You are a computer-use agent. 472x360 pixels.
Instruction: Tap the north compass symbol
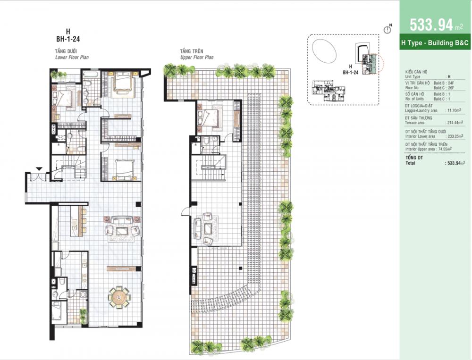point(388,30)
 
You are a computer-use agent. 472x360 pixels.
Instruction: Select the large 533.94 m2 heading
point(436,25)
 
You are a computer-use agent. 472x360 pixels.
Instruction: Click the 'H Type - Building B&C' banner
point(435,43)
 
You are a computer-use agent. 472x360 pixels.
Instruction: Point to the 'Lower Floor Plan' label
point(72,57)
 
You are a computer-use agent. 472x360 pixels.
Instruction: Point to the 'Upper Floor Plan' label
point(197,57)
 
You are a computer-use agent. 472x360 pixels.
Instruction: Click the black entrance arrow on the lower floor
point(39,169)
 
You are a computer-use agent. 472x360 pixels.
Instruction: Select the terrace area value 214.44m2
point(455,123)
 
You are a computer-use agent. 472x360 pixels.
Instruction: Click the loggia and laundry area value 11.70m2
point(454,110)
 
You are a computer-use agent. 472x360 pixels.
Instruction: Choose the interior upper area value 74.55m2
point(445,149)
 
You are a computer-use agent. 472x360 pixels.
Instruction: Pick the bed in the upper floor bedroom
point(210,117)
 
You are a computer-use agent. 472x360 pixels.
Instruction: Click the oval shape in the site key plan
point(324,51)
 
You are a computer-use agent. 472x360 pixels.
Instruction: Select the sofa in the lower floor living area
point(122,220)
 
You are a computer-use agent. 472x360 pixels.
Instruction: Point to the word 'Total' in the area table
point(410,163)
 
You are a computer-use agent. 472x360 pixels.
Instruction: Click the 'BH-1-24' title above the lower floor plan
point(68,39)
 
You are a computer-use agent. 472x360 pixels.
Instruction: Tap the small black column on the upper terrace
point(240,268)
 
